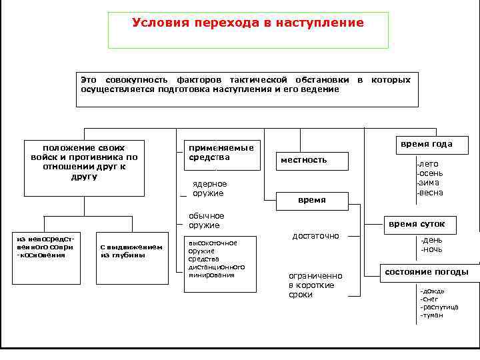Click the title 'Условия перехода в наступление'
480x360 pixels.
[x=248, y=23]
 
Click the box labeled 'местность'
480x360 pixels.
[x=303, y=160]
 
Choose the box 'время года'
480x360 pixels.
[x=425, y=144]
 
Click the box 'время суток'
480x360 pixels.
[x=417, y=224]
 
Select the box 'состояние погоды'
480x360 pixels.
[x=427, y=272]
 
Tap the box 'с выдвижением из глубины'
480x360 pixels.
[x=131, y=251]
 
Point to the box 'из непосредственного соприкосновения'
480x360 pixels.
[x=45, y=246]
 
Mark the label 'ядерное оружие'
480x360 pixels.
[x=209, y=189]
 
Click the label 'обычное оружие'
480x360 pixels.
[x=207, y=221]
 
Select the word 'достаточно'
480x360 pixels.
[x=315, y=236]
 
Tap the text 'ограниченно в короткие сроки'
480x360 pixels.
[x=315, y=285]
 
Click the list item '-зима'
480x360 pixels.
[x=428, y=183]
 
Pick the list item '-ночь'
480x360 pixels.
[x=431, y=249]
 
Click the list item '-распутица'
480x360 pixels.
[x=439, y=307]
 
